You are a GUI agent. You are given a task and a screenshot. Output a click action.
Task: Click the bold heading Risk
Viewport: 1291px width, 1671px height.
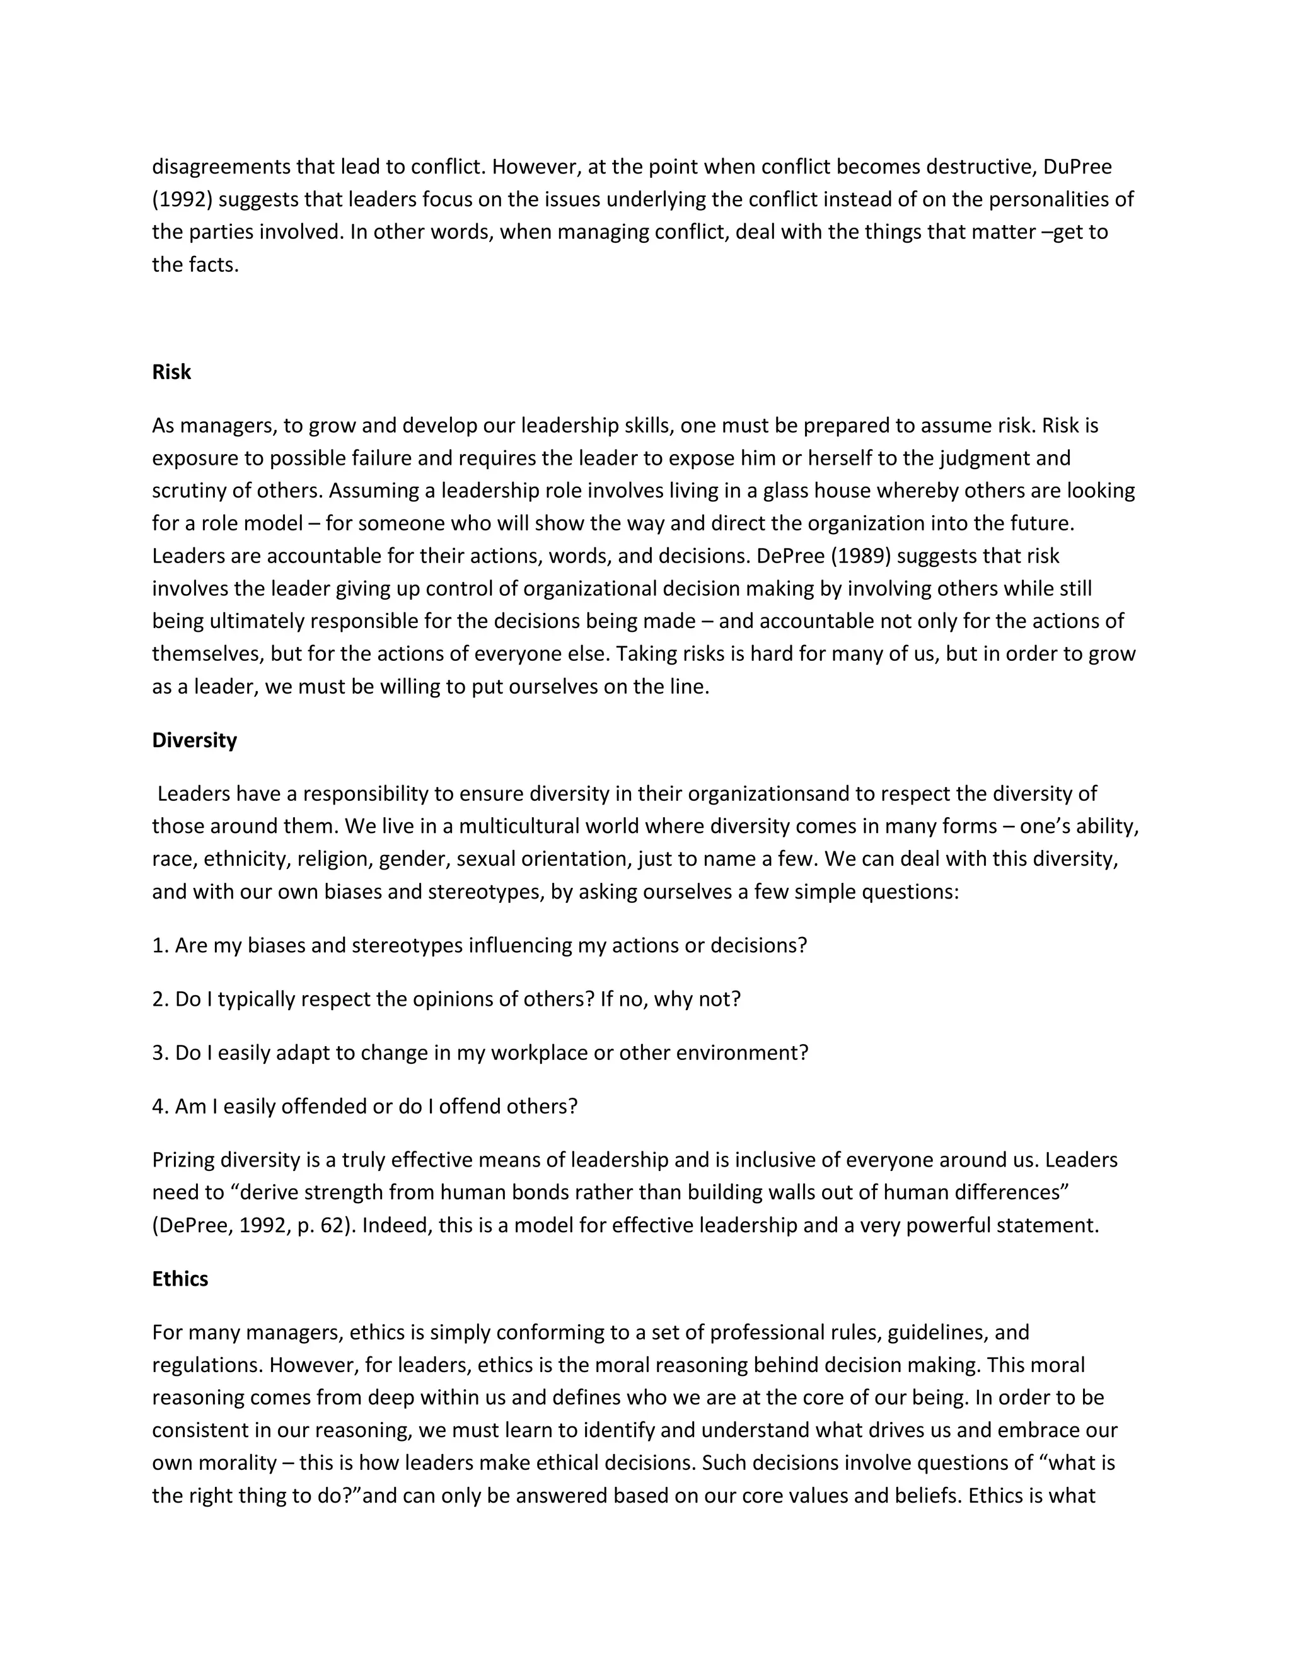tap(171, 372)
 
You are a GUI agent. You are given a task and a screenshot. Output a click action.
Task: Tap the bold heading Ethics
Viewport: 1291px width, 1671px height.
tap(180, 1279)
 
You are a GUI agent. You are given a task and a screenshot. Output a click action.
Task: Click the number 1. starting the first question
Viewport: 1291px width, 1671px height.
tap(160, 946)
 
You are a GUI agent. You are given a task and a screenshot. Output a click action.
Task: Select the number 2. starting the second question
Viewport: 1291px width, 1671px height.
tap(160, 999)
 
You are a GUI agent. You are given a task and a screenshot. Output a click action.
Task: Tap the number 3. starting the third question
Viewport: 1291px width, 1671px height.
tap(160, 1053)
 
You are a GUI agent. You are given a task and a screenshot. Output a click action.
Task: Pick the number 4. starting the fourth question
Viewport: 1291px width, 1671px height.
tap(160, 1107)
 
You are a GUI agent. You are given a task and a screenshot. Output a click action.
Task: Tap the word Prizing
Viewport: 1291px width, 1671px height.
tap(183, 1160)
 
